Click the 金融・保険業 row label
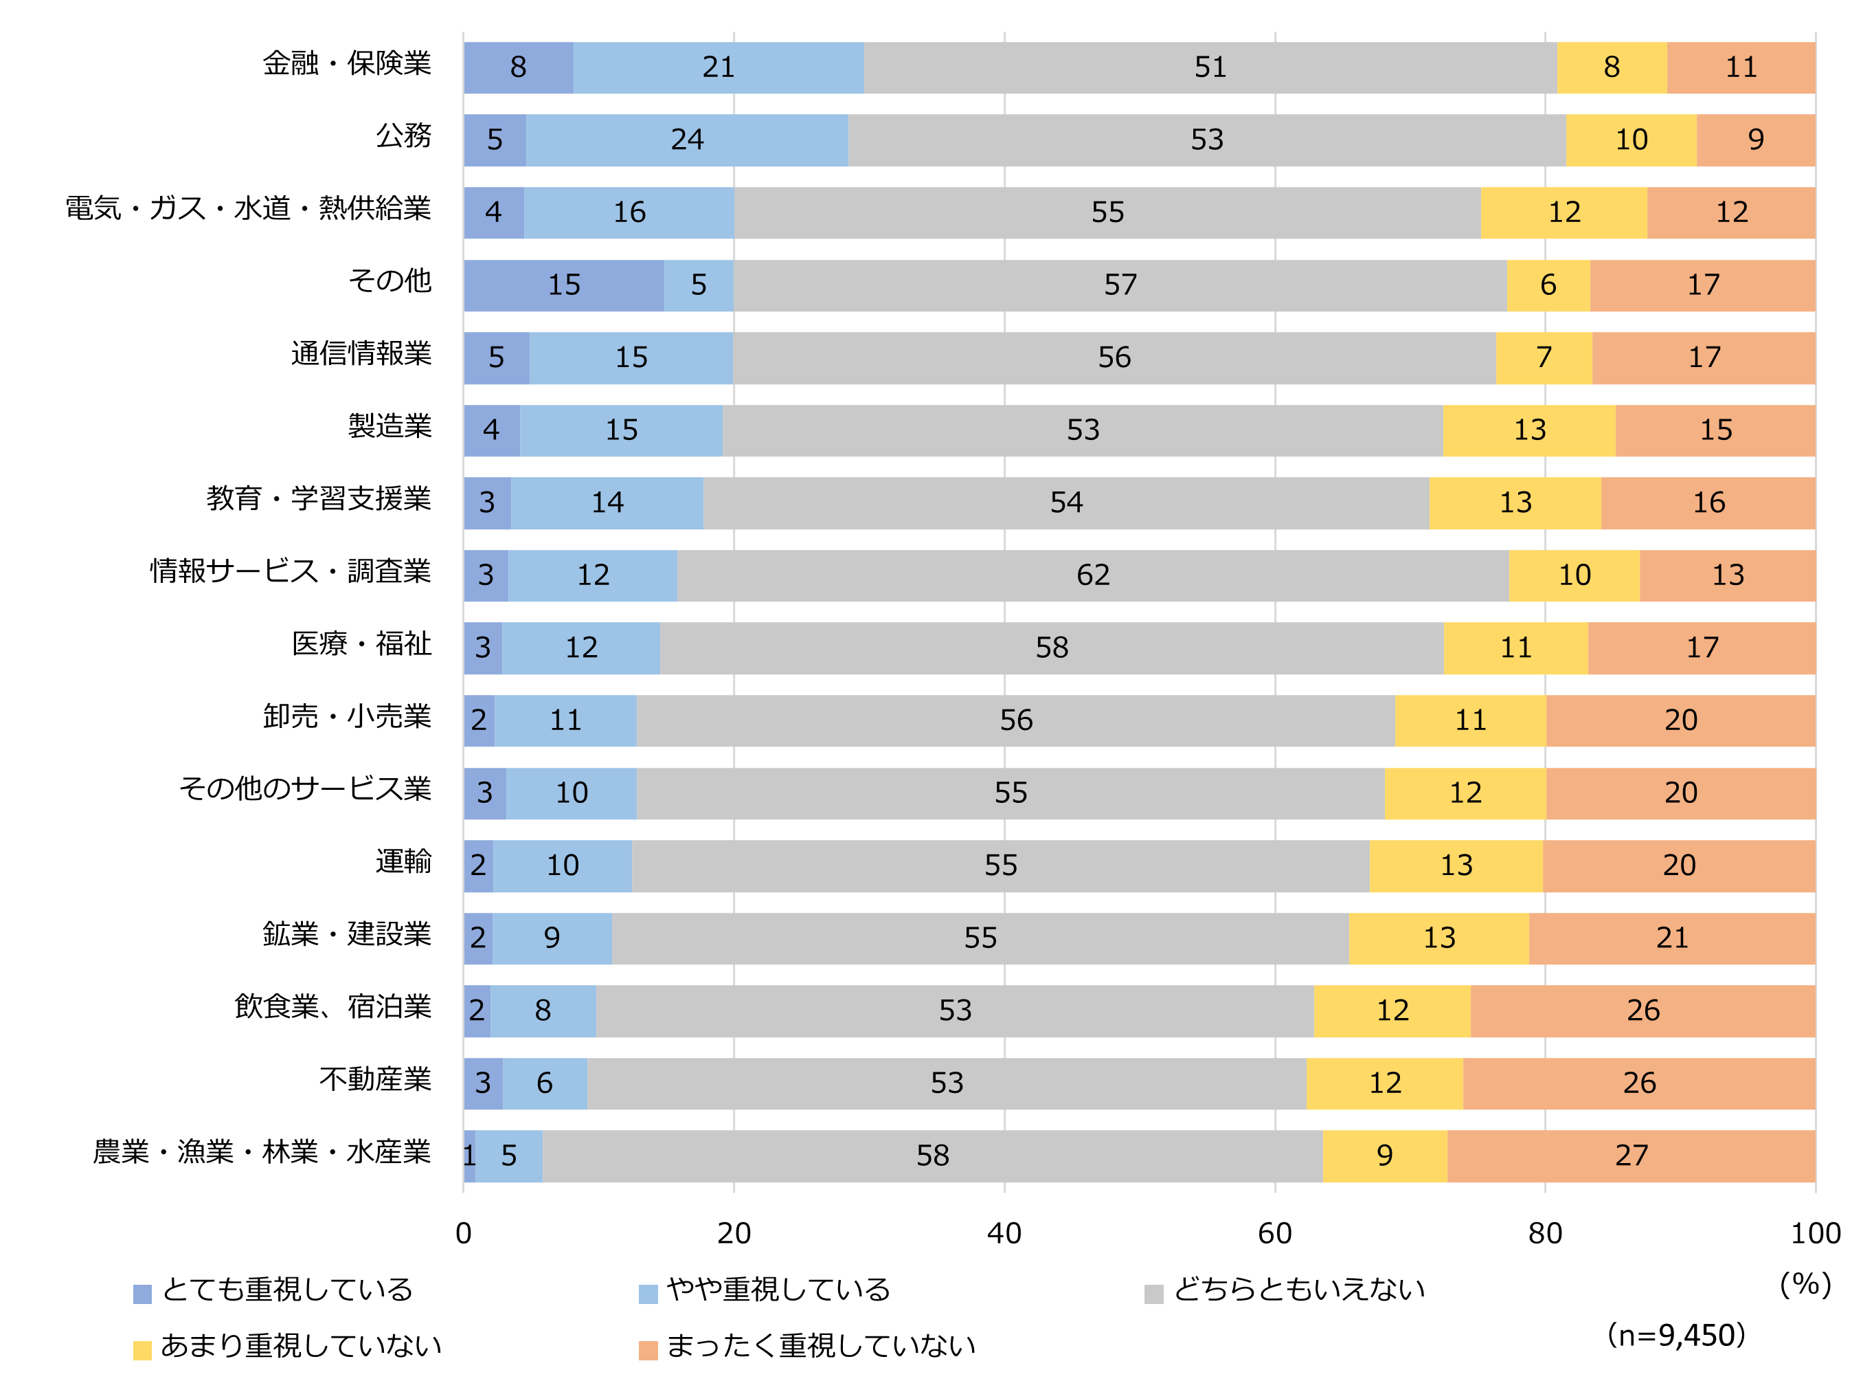coord(347,63)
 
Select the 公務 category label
coord(403,136)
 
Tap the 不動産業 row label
coord(375,1079)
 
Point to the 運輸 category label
coord(403,862)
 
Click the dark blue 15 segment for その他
coord(564,285)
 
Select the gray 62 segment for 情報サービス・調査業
coord(1092,575)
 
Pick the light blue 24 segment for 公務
coord(687,140)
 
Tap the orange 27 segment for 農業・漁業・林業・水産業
coord(1630,1156)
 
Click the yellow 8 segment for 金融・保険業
coord(1611,67)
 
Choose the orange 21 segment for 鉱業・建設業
coord(1671,938)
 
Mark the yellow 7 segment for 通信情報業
coord(1543,357)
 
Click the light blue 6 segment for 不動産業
coord(545,1083)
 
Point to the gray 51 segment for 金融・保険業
coord(1210,67)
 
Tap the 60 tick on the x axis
coord(1274,1233)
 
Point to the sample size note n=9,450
coord(1675,1335)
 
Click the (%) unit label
coord(1805,1284)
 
